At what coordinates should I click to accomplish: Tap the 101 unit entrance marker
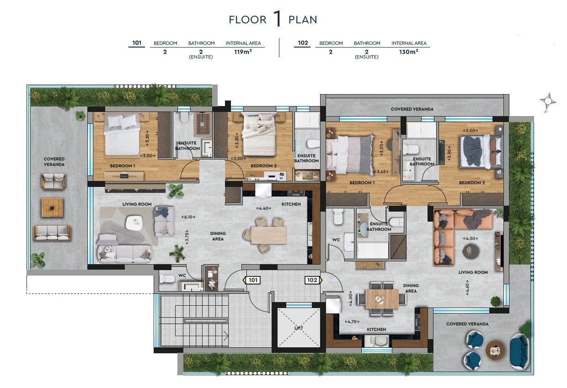(253, 280)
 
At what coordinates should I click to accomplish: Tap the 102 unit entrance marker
(313, 280)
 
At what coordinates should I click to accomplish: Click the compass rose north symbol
(547, 101)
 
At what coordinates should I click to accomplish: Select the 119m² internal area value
(243, 52)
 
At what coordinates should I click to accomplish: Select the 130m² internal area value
(409, 52)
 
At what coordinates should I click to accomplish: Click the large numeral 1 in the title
(277, 19)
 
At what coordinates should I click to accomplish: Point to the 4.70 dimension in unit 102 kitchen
(352, 321)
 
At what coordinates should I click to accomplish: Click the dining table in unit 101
(268, 235)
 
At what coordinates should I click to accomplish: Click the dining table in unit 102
(381, 299)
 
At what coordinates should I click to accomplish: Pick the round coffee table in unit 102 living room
(471, 251)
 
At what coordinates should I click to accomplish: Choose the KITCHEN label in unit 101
(291, 204)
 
